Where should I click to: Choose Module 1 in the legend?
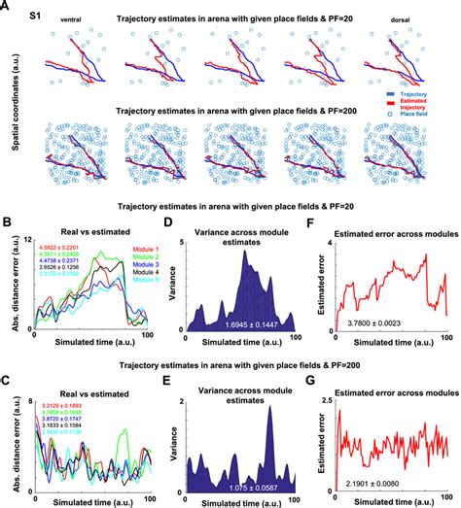coord(119,251)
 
